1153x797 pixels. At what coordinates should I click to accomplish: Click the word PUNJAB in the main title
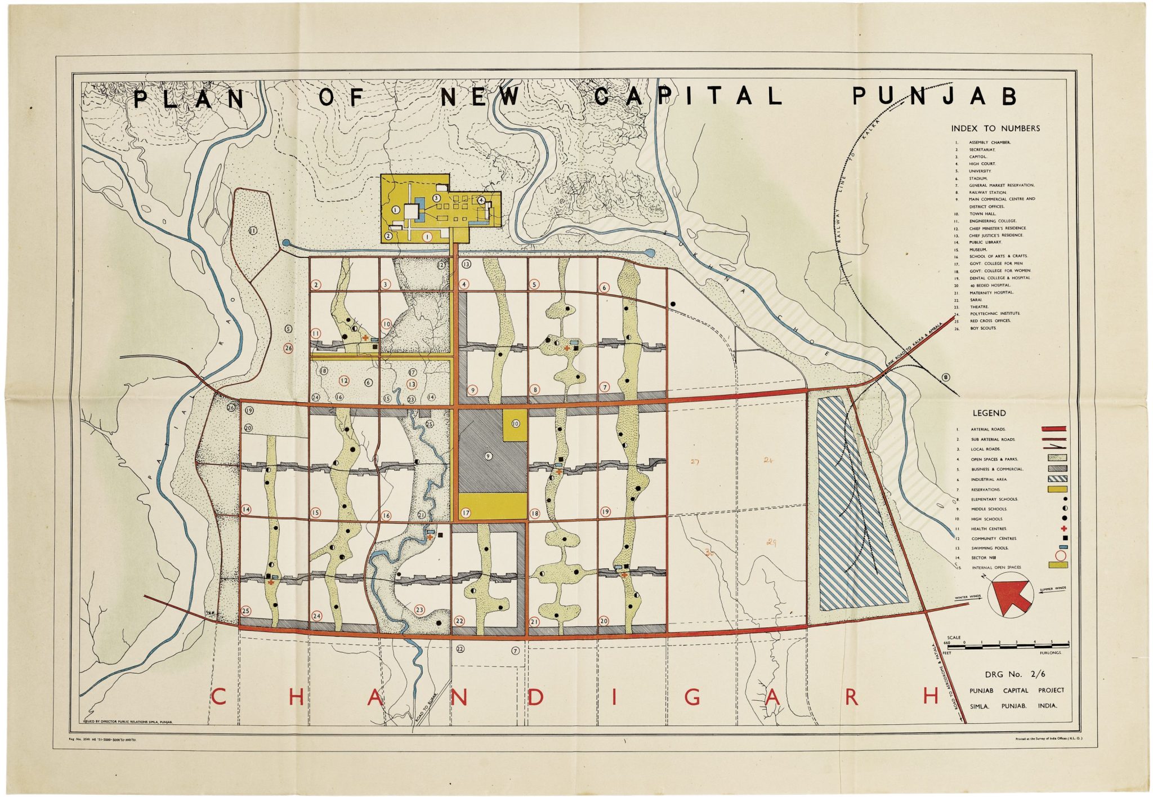point(935,97)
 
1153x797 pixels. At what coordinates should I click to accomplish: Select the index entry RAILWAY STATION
point(987,193)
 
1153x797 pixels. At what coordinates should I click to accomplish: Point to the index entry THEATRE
point(979,307)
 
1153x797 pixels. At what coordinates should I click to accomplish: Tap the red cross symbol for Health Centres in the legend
point(1063,528)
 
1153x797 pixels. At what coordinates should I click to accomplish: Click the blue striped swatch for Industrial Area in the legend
point(1057,479)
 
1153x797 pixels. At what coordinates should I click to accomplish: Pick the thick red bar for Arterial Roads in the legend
point(1057,429)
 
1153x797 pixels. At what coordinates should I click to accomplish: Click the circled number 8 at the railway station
point(946,377)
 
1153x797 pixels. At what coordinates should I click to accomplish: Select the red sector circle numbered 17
point(466,513)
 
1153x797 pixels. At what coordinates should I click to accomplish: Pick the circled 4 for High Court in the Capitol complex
point(481,200)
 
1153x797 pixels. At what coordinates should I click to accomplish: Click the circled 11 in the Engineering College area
point(253,230)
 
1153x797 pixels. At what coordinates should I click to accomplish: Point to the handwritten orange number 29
point(771,542)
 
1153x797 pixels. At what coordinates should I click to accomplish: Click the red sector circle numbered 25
point(246,611)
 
